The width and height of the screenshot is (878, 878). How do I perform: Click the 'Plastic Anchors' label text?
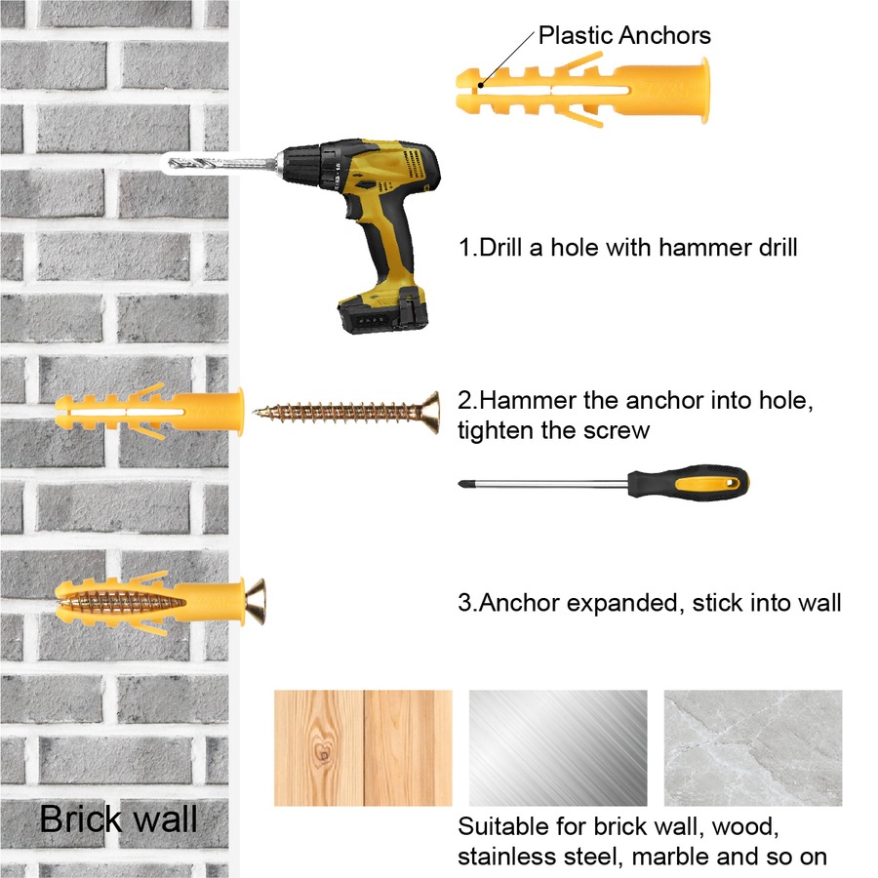624,35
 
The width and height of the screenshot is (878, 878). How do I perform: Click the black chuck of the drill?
303,165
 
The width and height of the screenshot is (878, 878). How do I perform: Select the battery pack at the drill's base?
383,310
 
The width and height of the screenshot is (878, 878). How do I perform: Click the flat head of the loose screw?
430,414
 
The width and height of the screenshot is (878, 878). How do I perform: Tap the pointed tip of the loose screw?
256,414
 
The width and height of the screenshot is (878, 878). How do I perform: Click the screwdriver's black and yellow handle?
688,482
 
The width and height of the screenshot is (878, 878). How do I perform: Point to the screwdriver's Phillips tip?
463,484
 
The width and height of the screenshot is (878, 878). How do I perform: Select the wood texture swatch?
363,747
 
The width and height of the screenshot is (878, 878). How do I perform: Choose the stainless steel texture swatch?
558,747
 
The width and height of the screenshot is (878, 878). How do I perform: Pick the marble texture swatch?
753,747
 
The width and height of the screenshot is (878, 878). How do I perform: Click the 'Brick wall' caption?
118,818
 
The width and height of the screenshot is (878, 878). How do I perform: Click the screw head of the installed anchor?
256,601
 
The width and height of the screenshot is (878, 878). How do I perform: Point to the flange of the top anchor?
703,90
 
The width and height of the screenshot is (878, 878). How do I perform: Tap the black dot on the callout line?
480,86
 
